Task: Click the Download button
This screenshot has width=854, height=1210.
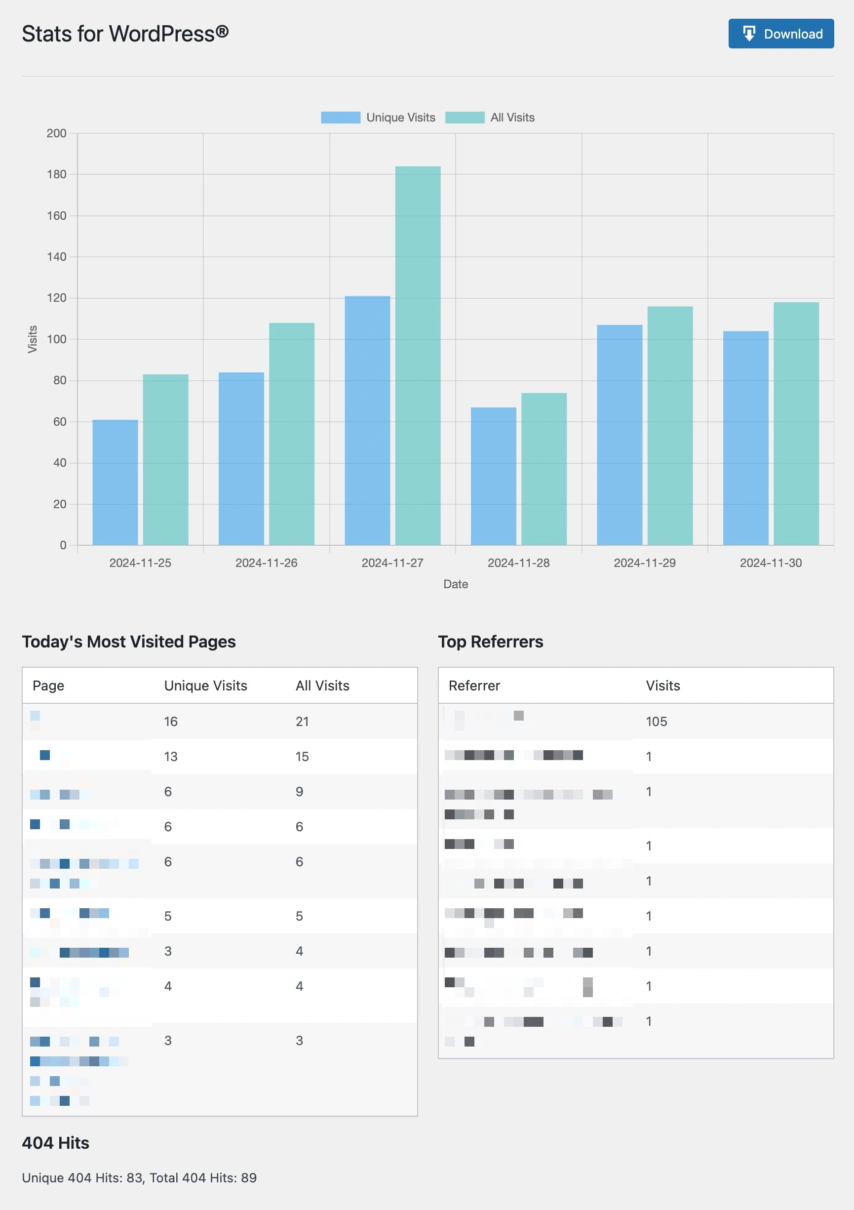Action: tap(781, 34)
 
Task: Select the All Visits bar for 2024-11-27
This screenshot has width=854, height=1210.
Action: tap(418, 356)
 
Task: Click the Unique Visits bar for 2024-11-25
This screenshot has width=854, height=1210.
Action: tap(115, 482)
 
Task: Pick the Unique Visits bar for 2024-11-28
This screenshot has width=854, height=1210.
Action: tap(493, 476)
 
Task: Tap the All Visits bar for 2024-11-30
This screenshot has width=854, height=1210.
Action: tap(796, 423)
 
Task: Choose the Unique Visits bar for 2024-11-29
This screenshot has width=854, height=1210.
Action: tap(619, 435)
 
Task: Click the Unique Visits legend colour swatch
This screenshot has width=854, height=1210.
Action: tap(340, 118)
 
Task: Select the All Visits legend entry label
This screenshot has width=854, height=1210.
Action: tap(512, 118)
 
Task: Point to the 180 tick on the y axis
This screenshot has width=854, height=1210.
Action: tap(56, 174)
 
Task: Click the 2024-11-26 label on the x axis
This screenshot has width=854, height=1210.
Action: tap(266, 563)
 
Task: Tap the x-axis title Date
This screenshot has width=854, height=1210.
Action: tap(455, 584)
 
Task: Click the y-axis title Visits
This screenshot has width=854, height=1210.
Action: tap(33, 339)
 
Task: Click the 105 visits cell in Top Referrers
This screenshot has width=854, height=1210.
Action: tap(656, 722)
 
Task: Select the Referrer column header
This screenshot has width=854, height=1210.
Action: tap(474, 686)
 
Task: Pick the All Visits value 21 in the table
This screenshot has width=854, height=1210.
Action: tap(302, 722)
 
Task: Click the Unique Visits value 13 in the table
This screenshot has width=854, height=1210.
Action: tap(170, 757)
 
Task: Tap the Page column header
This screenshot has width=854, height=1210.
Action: tap(48, 686)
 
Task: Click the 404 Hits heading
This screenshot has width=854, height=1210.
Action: tap(55, 1142)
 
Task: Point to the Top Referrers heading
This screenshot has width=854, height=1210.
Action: tap(490, 642)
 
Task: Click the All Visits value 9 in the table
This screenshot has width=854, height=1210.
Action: tap(299, 792)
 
